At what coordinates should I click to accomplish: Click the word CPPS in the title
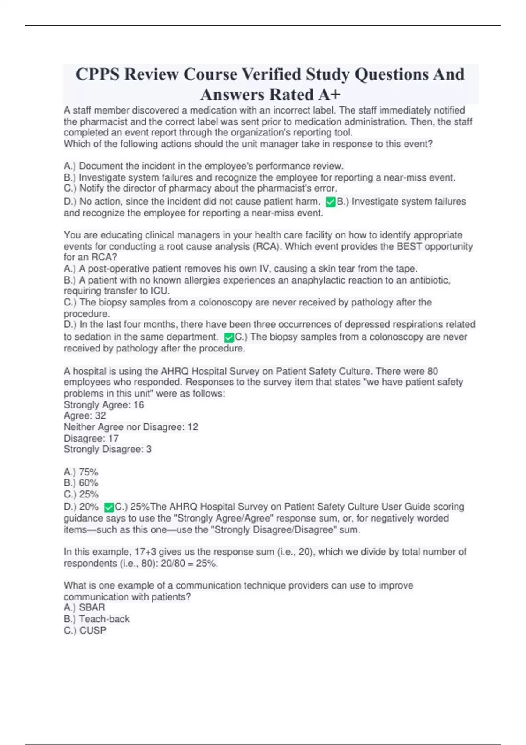[x=97, y=74]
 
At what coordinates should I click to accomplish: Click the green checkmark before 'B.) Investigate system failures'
[x=331, y=202]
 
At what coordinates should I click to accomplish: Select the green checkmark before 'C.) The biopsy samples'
[x=229, y=337]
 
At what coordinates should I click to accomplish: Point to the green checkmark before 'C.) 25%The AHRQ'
[x=109, y=507]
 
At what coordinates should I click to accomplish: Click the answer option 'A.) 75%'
[x=81, y=472]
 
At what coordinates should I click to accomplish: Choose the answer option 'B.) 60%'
[x=81, y=483]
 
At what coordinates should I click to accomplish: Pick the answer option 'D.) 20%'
[x=81, y=507]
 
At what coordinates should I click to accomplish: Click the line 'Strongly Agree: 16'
[x=104, y=405]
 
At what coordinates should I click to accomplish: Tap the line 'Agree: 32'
[x=85, y=415]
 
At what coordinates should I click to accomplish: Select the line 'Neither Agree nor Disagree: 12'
[x=131, y=427]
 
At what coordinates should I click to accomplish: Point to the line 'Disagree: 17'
[x=91, y=438]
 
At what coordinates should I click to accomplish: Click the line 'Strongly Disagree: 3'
[x=108, y=449]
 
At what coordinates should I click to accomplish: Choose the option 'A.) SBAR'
[x=85, y=607]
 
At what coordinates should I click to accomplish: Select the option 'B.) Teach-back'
[x=97, y=619]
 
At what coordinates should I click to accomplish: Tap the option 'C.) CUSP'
[x=85, y=630]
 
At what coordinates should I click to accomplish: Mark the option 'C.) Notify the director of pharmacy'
[x=200, y=188]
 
